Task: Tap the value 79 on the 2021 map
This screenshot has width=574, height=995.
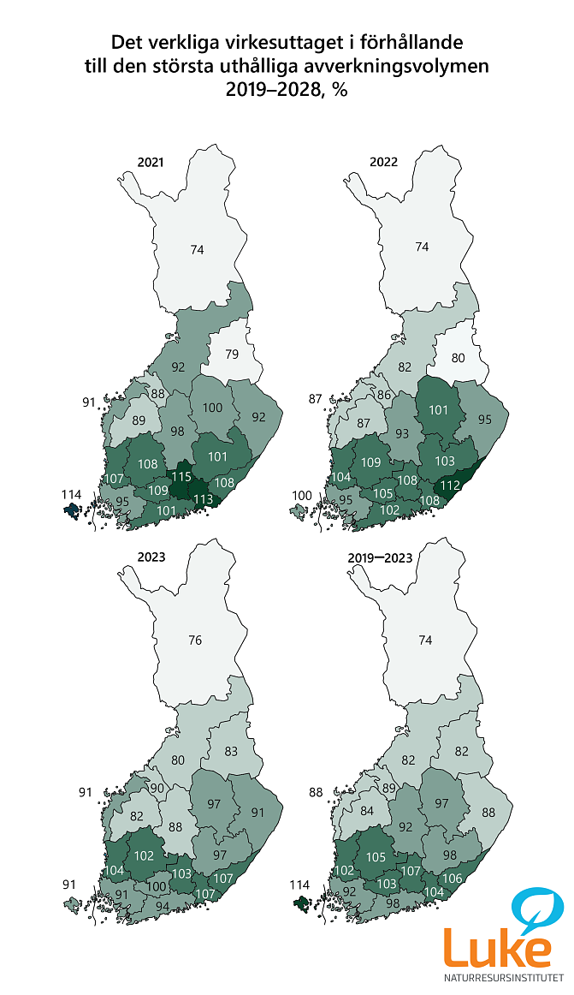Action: tap(232, 354)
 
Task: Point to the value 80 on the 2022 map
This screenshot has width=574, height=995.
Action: tap(459, 356)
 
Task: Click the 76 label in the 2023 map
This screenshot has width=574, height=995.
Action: tap(196, 640)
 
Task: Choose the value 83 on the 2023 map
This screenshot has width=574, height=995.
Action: tap(231, 751)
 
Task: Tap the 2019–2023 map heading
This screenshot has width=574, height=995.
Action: tap(380, 557)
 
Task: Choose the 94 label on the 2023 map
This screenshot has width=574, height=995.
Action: tap(163, 905)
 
